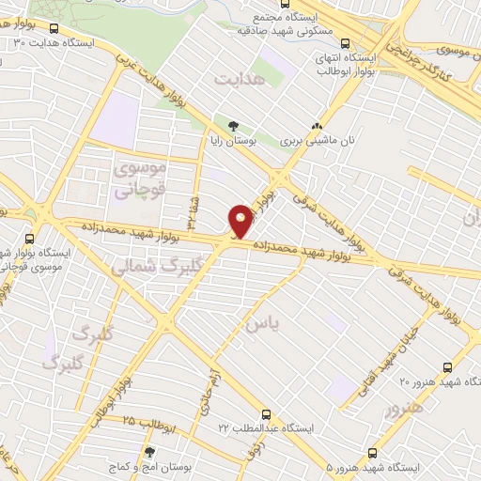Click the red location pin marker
click(240, 221)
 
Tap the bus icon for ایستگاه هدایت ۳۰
click(53, 29)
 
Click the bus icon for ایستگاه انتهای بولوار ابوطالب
click(346, 42)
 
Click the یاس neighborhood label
click(262, 324)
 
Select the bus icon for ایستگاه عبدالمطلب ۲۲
click(268, 413)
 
